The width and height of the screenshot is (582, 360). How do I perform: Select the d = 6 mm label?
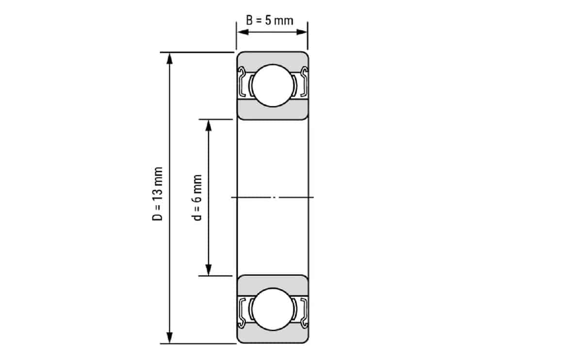point(197,197)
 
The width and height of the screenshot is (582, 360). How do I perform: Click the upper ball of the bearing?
point(272,85)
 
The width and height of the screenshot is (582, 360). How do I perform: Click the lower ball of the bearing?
point(272,309)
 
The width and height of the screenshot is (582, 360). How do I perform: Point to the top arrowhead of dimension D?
point(169,57)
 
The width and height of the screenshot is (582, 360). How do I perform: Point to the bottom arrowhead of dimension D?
point(169,338)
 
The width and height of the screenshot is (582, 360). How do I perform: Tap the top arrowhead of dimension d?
point(209,125)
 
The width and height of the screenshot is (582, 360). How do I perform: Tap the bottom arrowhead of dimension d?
point(209,270)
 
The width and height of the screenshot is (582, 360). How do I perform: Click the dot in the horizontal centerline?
point(275,197)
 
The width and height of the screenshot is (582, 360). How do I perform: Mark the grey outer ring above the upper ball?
point(272,57)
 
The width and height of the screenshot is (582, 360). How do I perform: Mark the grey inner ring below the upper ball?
point(272,112)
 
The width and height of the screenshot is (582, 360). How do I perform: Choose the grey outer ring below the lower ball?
point(272,337)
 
